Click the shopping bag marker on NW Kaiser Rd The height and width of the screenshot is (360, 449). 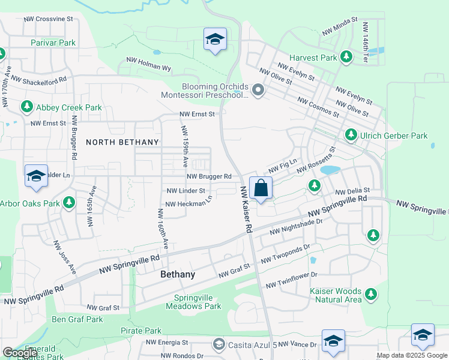(x=261, y=188)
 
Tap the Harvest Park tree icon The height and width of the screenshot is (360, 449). (x=346, y=57)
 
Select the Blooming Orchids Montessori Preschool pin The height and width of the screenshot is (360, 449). (x=258, y=91)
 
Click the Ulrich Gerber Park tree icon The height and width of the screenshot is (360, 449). (x=351, y=136)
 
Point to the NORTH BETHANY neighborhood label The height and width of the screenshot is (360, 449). (x=122, y=142)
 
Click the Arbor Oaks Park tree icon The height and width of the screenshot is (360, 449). (x=69, y=203)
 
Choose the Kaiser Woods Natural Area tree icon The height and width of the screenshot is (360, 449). (x=371, y=293)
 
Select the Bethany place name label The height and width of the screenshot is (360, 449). (x=178, y=274)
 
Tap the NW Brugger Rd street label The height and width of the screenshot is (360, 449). (x=209, y=176)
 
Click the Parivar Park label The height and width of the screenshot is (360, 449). (x=53, y=43)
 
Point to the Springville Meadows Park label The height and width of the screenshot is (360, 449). (x=197, y=302)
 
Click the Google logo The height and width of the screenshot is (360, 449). (x=20, y=353)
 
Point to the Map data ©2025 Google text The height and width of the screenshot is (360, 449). (x=411, y=355)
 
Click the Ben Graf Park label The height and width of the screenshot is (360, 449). (x=77, y=319)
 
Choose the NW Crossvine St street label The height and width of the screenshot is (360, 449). (x=48, y=19)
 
